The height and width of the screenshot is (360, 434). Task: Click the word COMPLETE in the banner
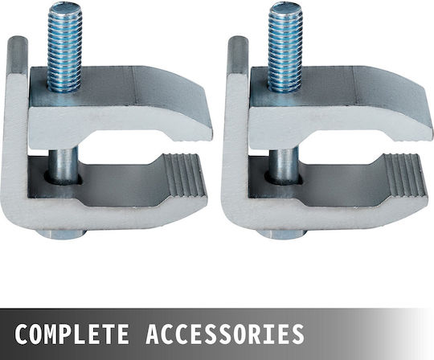tap(72, 334)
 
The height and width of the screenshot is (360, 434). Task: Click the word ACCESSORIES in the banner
tap(225, 334)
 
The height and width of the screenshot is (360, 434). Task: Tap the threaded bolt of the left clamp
tap(64, 49)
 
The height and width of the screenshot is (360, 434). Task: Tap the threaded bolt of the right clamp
tap(285, 47)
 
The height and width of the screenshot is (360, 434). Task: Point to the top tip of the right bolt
tap(285, 5)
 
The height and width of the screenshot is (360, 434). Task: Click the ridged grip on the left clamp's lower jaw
tap(185, 176)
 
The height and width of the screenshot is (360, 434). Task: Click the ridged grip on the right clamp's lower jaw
tap(404, 176)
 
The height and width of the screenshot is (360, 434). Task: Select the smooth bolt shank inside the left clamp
tap(64, 165)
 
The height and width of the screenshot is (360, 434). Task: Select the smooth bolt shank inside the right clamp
tap(284, 165)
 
